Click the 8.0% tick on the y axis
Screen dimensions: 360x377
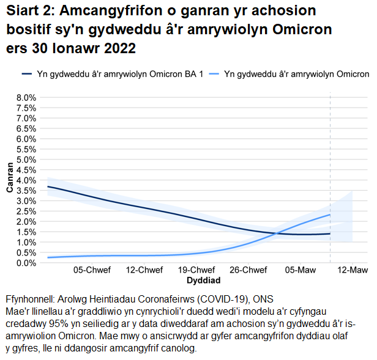pos(26,98)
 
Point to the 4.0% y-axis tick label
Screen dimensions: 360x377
pos(26,180)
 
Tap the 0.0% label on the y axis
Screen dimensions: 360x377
pos(26,263)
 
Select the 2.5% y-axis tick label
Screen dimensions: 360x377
pos(26,211)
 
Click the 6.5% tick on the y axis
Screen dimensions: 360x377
pos(26,129)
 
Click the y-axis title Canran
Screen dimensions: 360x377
pos(10,180)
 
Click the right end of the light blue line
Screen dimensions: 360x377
pos(330,215)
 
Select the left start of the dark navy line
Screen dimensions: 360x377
pos(48,186)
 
